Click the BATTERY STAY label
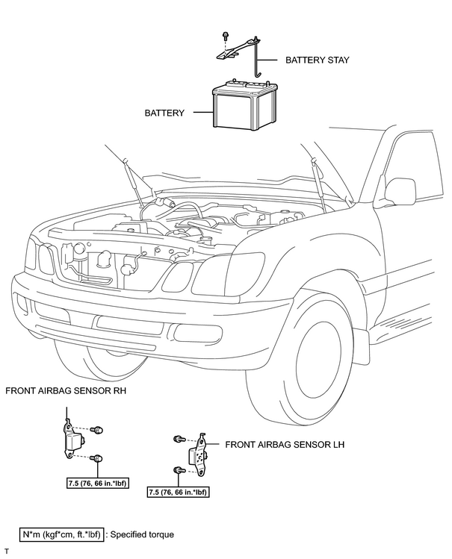pyautogui.click(x=318, y=60)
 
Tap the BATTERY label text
pyautogui.click(x=164, y=113)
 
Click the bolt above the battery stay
pyautogui.click(x=225, y=35)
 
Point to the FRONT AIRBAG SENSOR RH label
pyautogui.click(x=66, y=391)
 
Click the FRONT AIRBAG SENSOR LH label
pyautogui.click(x=285, y=445)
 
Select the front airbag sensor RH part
pyautogui.click(x=72, y=440)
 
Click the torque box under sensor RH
pyautogui.click(x=97, y=484)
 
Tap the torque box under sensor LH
pyautogui.click(x=178, y=493)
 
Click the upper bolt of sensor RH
pyautogui.click(x=96, y=430)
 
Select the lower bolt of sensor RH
pyautogui.click(x=96, y=457)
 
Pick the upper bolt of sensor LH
pyautogui.click(x=179, y=439)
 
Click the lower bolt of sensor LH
pyautogui.click(x=179, y=470)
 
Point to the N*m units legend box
pyautogui.click(x=61, y=534)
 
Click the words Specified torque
pyautogui.click(x=142, y=535)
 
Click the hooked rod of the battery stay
pyautogui.click(x=256, y=59)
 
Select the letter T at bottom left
pyautogui.click(x=7, y=552)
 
